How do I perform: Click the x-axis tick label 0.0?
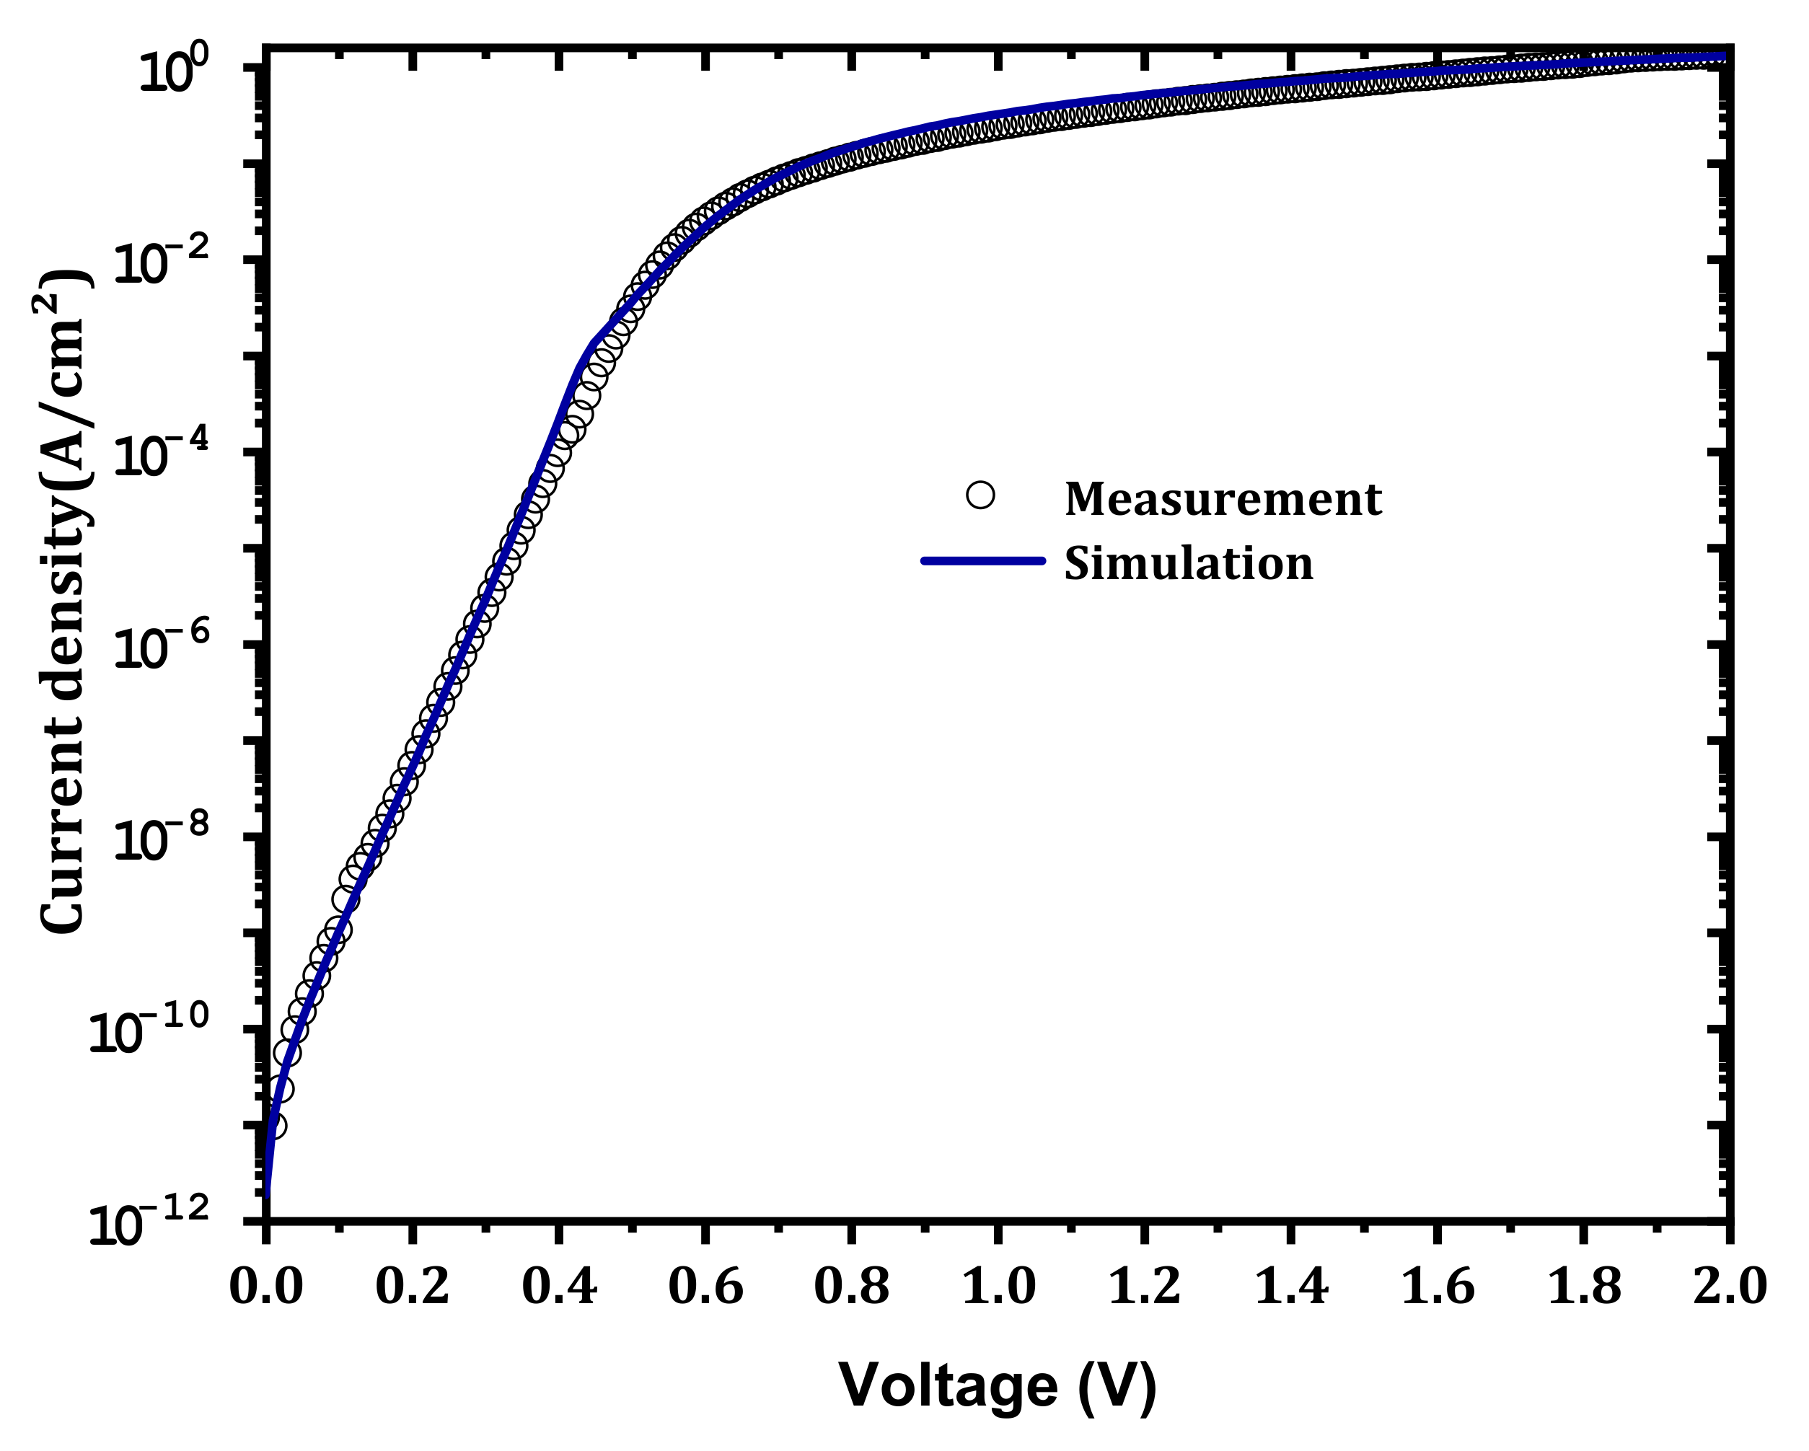tap(266, 1286)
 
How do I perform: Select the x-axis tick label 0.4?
tap(559, 1286)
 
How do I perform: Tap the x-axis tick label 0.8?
tap(851, 1286)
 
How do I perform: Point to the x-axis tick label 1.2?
tap(1144, 1286)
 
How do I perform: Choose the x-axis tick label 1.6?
tap(1437, 1286)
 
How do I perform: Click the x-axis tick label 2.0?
tap(1729, 1286)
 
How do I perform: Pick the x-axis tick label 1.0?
tap(998, 1286)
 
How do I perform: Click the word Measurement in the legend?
tap(1223, 499)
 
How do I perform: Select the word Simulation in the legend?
tap(1188, 564)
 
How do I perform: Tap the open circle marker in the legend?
tap(980, 495)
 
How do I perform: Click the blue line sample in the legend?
tap(982, 560)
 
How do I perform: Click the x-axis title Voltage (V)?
tap(998, 1386)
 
